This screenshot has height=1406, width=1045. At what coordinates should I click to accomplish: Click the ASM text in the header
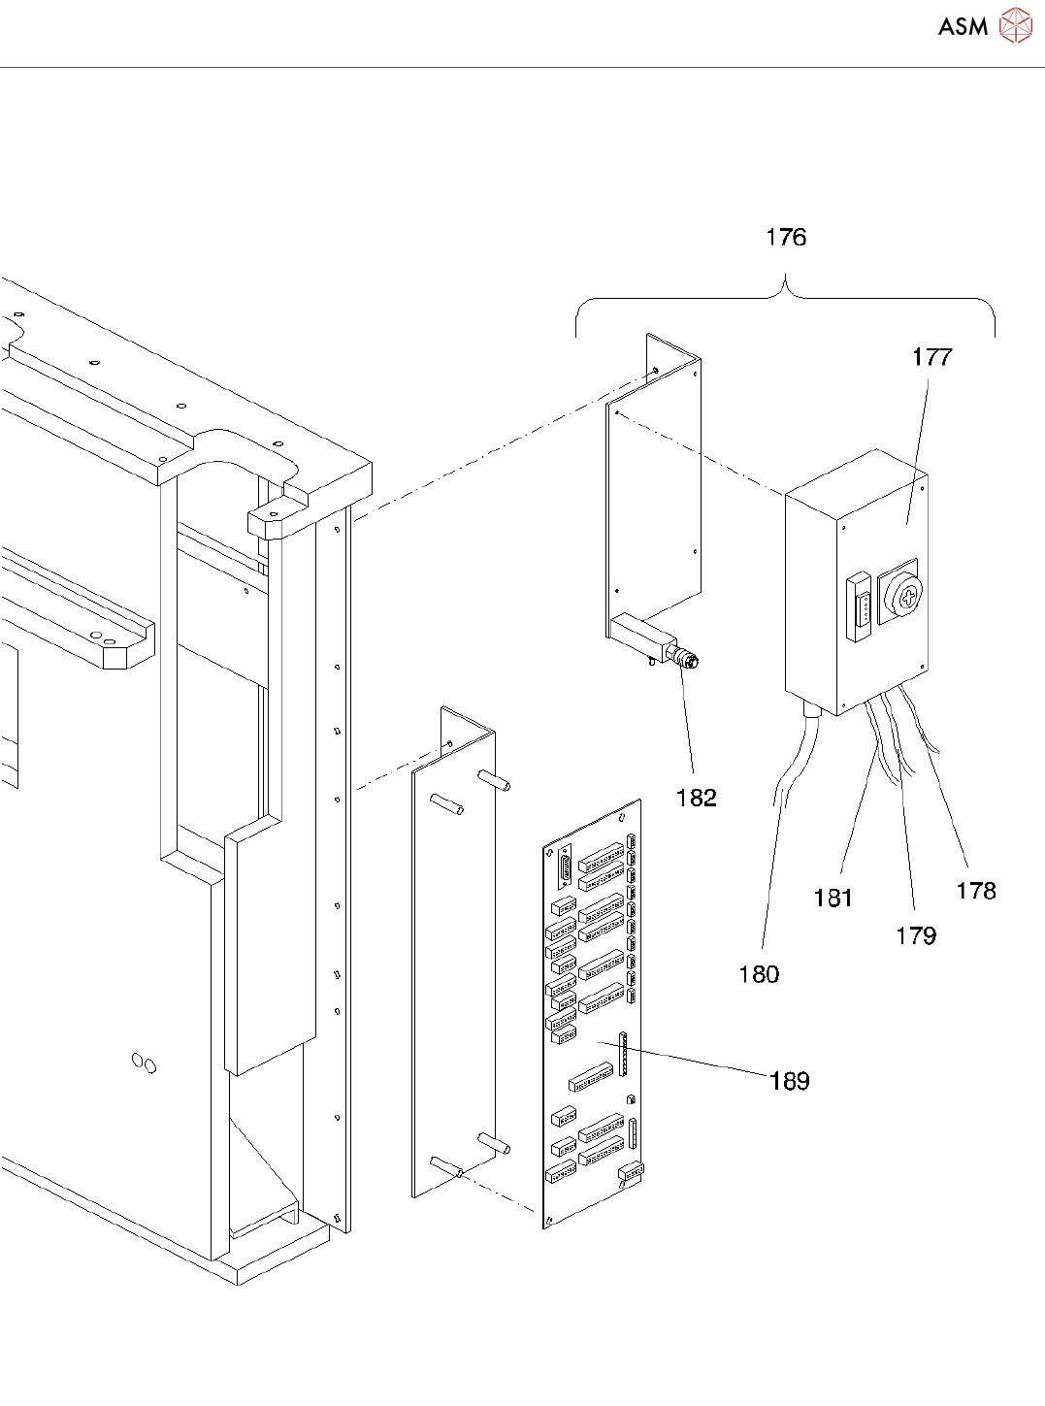click(963, 26)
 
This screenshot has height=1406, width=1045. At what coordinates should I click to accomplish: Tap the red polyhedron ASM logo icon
click(1015, 25)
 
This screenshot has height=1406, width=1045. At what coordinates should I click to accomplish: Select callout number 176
click(786, 237)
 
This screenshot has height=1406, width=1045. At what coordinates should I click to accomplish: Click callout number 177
click(931, 357)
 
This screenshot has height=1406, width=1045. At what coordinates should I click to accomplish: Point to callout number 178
click(976, 891)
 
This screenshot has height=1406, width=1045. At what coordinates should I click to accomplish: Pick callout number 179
click(916, 935)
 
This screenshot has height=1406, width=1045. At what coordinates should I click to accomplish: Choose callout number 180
click(759, 974)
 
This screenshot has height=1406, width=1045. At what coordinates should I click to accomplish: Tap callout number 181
click(833, 899)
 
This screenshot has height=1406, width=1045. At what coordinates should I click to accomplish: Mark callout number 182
click(697, 798)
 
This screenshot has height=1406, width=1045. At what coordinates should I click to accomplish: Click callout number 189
click(790, 1081)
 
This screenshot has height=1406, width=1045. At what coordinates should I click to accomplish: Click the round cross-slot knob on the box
click(905, 595)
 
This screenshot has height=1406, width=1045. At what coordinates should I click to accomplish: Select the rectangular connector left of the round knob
click(860, 607)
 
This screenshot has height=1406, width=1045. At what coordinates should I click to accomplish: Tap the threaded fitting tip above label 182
click(687, 660)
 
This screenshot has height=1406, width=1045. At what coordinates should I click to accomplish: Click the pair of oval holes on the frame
click(144, 1063)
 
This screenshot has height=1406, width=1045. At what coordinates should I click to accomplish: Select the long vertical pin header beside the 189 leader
click(623, 1054)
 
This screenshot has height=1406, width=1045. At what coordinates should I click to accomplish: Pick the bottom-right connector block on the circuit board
click(632, 1172)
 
